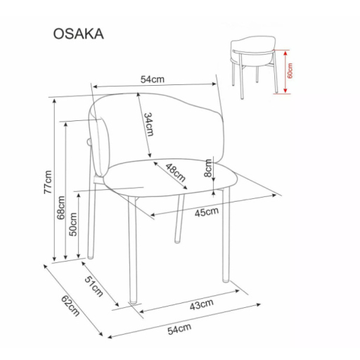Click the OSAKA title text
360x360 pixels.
point(78,33)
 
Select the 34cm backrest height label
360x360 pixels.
point(148,124)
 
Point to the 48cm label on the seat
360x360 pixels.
point(176,172)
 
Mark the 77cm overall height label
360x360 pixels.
point(48,181)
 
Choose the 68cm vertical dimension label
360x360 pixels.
point(61,207)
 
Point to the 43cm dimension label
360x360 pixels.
point(202,304)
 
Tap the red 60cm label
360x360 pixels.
point(290,71)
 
